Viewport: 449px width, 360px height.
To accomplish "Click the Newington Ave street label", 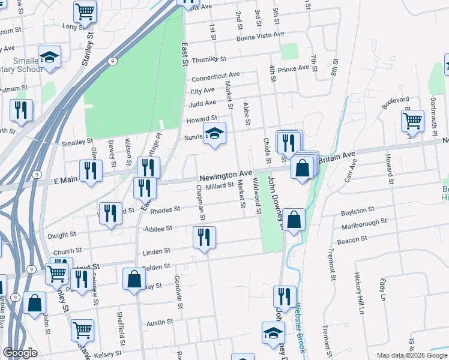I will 226,175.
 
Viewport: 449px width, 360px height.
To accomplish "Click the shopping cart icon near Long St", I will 85,11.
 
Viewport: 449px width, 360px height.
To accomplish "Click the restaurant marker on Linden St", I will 204,238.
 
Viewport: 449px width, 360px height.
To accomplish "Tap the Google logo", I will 20,353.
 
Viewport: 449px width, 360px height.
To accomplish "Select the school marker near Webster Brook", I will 273,333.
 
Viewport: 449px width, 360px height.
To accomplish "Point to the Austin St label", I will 160,323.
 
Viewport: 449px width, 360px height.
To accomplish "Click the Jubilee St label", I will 158,229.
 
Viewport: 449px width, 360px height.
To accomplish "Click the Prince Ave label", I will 293,68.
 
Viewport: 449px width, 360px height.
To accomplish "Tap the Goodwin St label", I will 178,292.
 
